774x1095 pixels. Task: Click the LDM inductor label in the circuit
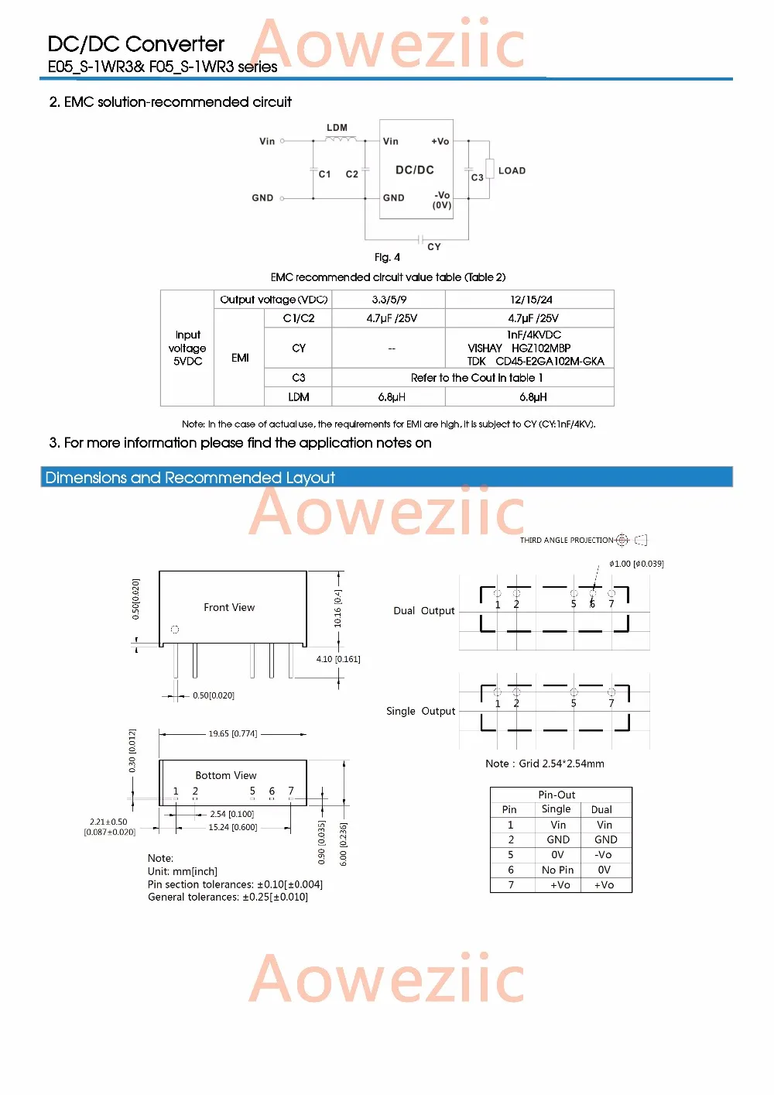point(337,128)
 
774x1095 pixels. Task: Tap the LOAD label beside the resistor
point(512,170)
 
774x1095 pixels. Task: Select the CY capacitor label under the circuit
point(434,247)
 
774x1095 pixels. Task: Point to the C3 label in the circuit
point(478,177)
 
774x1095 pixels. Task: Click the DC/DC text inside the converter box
point(415,170)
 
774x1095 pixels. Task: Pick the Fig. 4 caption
point(387,257)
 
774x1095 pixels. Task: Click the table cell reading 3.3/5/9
point(389,300)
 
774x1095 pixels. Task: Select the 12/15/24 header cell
point(530,300)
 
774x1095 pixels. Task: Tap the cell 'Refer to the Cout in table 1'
point(476,378)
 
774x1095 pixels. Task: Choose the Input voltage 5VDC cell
point(187,348)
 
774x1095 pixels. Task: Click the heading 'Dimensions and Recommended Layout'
point(190,478)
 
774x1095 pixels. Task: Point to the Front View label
point(229,607)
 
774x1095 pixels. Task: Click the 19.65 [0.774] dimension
point(232,733)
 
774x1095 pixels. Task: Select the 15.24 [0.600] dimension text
point(232,827)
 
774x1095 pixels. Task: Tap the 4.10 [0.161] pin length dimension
point(338,659)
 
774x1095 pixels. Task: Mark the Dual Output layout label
point(423,611)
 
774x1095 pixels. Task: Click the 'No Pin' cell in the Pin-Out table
point(557,870)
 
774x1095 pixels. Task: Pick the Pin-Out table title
point(557,795)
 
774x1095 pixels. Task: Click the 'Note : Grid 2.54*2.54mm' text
point(545,764)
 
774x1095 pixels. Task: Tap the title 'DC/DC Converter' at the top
point(136,44)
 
